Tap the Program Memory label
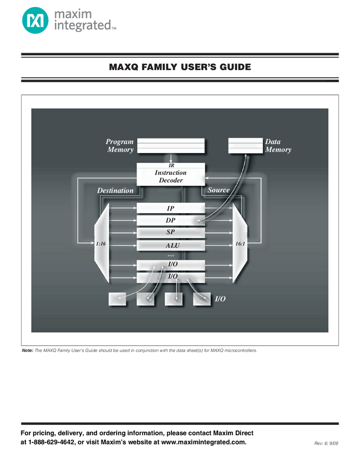(x=120, y=145)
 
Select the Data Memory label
(x=278, y=145)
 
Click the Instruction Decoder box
(x=170, y=177)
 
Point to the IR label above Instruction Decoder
(x=171, y=166)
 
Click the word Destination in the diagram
(x=115, y=191)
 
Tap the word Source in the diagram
(x=219, y=190)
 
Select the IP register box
(x=170, y=208)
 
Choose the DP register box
(x=170, y=220)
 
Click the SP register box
(x=170, y=232)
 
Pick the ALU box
(x=170, y=245)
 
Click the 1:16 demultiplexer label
(x=101, y=242)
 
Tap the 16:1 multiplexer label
(x=240, y=242)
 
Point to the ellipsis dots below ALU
(x=170, y=256)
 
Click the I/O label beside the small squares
(x=220, y=299)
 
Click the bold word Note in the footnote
(x=27, y=350)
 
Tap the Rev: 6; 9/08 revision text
(x=327, y=442)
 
